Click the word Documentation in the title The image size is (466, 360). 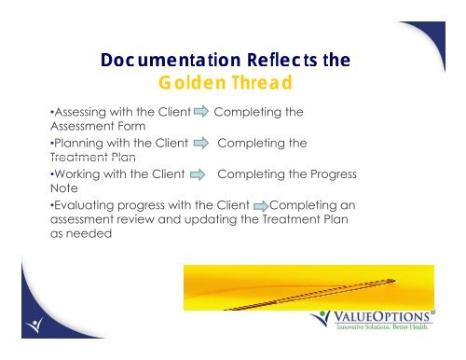[x=171, y=60]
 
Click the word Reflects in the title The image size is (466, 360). [x=282, y=60]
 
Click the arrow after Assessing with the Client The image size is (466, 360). [x=201, y=111]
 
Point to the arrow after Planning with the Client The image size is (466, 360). [x=201, y=143]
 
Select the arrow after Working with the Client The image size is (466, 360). [x=198, y=174]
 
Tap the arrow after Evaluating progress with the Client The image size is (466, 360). [x=261, y=206]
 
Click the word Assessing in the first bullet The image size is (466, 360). [x=80, y=112]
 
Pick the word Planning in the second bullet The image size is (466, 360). [x=78, y=144]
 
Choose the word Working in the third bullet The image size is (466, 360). [x=77, y=174]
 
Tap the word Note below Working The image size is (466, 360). [x=64, y=188]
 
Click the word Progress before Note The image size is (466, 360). [x=334, y=174]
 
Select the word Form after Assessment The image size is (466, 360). [x=131, y=126]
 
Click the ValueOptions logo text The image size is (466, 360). [x=381, y=316]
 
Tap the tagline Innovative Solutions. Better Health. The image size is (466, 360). [x=382, y=326]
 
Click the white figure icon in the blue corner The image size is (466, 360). [x=34, y=325]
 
